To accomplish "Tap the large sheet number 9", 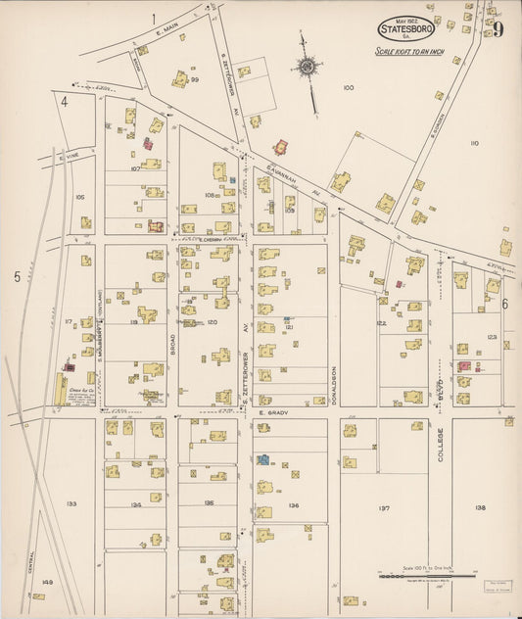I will (x=498, y=28).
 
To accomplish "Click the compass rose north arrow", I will (x=308, y=67).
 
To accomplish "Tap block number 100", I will (x=348, y=88).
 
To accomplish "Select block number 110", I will (x=474, y=143).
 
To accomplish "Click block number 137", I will (x=383, y=508).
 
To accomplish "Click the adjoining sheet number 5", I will (x=17, y=277).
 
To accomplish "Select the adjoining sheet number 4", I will (x=64, y=101).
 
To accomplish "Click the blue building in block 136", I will (x=262, y=458).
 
